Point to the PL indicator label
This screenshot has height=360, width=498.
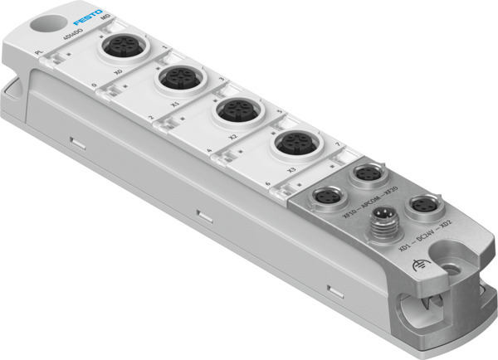(38, 53)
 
